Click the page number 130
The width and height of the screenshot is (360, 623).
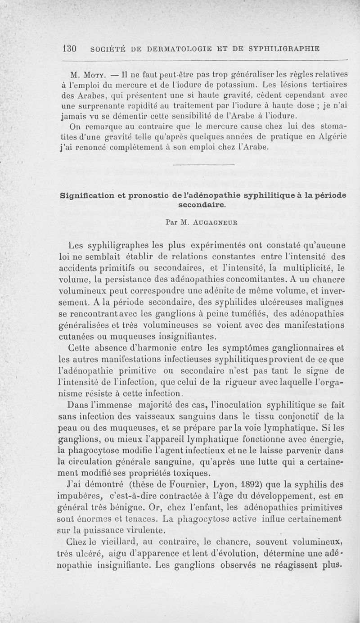point(70,48)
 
